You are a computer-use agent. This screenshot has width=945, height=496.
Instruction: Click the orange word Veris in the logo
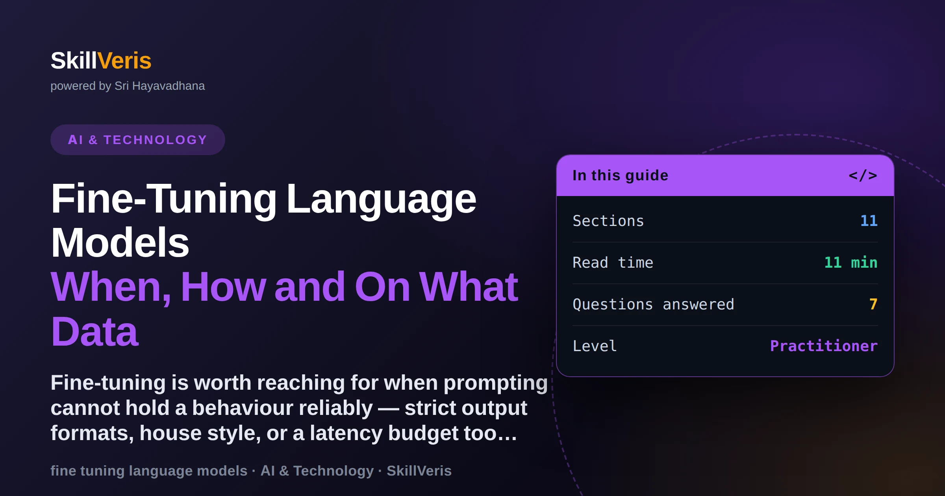point(124,61)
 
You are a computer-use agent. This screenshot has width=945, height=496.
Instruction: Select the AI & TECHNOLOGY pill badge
point(138,140)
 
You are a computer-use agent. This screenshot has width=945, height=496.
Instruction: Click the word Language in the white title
point(381,200)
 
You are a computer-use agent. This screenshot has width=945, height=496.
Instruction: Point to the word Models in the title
point(120,242)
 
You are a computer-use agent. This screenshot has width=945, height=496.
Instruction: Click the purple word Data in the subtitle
point(94,331)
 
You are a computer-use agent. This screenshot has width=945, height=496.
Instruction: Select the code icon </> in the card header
point(863,175)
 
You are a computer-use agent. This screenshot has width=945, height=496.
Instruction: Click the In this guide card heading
point(621,175)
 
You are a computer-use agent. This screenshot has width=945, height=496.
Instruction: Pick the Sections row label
point(608,221)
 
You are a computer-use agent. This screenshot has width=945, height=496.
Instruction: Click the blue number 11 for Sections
point(869,221)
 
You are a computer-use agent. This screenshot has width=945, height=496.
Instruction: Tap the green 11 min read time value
point(851,263)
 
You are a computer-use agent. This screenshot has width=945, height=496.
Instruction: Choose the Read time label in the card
point(613,263)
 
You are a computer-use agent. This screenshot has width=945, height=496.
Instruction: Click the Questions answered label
point(654,304)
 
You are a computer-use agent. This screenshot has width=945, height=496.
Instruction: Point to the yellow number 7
point(873,304)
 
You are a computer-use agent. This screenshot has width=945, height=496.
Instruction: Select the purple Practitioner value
point(824,346)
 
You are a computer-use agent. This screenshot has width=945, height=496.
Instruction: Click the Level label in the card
point(595,346)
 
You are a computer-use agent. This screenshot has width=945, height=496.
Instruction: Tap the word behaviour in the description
point(282,408)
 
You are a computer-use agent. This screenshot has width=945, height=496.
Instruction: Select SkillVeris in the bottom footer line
point(419,471)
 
